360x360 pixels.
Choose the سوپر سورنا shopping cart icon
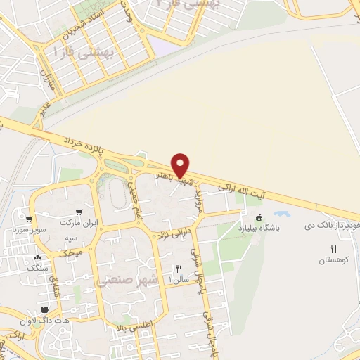28,219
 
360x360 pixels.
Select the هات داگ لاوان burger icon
45,309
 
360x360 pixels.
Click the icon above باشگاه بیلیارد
260,217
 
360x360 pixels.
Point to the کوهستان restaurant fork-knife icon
334,250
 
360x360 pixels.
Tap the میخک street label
72,251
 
